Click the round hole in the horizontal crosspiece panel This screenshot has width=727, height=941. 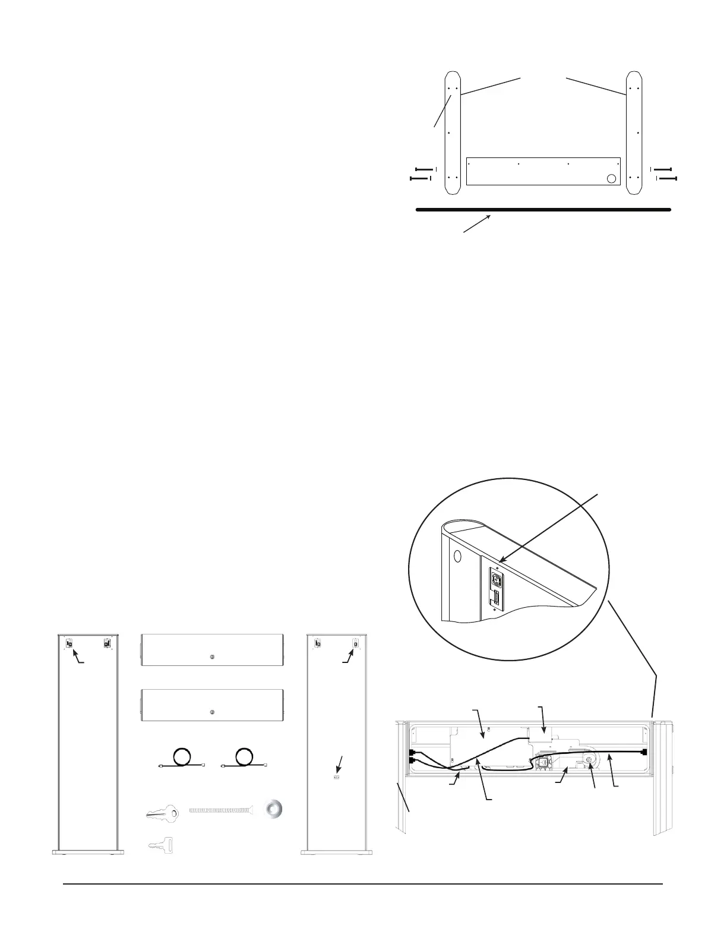click(611, 178)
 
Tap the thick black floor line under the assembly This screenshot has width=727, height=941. click(543, 210)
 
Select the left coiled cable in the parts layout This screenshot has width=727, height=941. click(181, 759)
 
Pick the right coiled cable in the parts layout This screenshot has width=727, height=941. click(244, 759)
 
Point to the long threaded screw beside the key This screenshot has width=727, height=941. click(223, 810)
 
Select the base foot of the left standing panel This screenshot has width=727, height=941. click(88, 851)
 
